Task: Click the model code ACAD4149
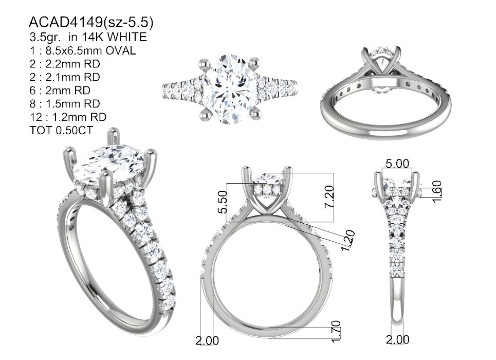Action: coord(65,22)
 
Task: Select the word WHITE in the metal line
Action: coord(126,37)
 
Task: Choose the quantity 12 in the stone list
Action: coord(36,117)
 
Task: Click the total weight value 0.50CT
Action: coord(74,130)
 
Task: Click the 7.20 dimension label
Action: coord(329,196)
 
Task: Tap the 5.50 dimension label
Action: coord(223,202)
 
